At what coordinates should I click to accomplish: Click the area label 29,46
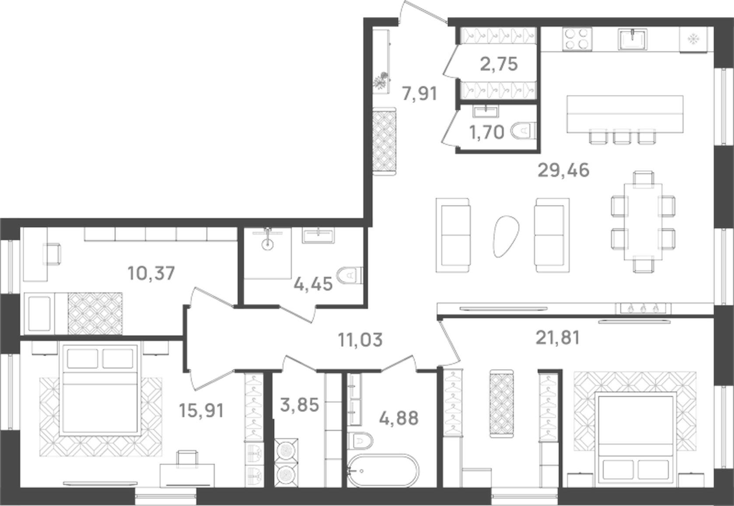[x=563, y=170]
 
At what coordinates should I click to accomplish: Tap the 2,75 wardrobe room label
[x=499, y=64]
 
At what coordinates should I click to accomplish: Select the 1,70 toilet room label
[x=486, y=132]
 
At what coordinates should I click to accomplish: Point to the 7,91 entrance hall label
[x=419, y=94]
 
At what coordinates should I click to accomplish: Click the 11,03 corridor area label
[x=360, y=340]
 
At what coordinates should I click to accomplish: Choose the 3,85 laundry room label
[x=299, y=405]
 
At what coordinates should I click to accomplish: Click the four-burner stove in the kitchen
[x=577, y=38]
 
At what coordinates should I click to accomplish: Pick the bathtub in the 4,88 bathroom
[x=383, y=471]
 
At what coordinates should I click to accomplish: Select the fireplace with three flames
[x=643, y=308]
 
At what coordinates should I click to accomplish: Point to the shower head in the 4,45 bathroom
[x=267, y=243]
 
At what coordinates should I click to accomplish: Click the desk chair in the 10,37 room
[x=52, y=254]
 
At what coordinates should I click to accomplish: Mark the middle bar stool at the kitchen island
[x=622, y=136]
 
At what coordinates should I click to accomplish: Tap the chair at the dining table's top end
[x=643, y=178]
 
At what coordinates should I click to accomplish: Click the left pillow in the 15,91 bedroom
[x=82, y=359]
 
